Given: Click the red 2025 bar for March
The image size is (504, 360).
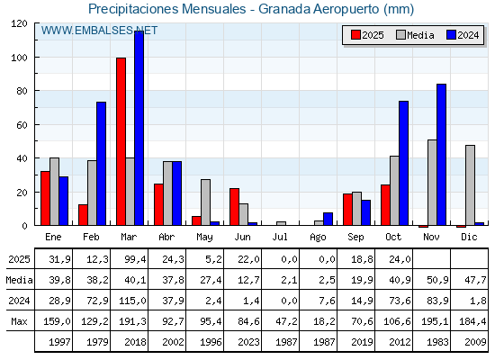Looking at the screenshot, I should [121, 141].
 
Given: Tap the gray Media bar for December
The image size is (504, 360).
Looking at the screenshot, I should [470, 184].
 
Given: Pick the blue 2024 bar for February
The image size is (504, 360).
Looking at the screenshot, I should [101, 163].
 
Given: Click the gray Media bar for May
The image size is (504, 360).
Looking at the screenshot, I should [205, 202].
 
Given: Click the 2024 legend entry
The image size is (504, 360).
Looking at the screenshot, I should [462, 35].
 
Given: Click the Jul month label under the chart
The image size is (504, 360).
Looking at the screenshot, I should [281, 237].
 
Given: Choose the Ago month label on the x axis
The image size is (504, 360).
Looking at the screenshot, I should [319, 237].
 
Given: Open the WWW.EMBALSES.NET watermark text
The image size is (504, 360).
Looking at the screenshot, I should [99, 31].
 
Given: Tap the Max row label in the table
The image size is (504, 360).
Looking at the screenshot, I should [18, 321].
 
